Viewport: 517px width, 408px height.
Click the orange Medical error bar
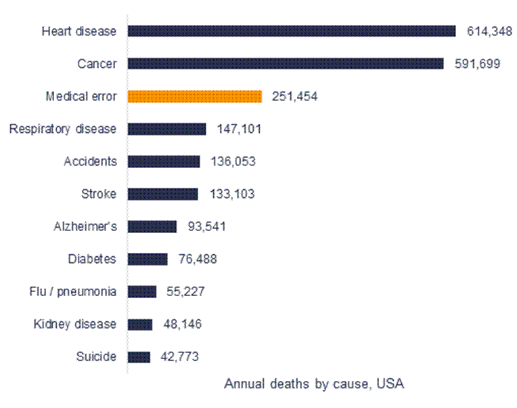tap(195, 96)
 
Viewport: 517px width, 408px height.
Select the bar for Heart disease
tap(292, 31)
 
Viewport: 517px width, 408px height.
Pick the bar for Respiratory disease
tap(167, 129)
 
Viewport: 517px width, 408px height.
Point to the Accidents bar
tap(164, 161)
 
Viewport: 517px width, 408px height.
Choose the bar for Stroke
tap(163, 194)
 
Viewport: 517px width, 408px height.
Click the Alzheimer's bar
tap(152, 226)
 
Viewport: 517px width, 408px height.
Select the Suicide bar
tap(139, 356)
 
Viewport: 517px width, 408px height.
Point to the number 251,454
tap(294, 96)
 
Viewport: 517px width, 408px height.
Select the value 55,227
tap(185, 291)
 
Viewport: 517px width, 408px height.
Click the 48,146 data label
tap(182, 324)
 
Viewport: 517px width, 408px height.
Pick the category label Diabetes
tap(92, 259)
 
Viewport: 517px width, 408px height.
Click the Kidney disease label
tap(74, 324)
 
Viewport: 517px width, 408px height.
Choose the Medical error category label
tap(81, 96)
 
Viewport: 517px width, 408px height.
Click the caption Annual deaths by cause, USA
tap(314, 384)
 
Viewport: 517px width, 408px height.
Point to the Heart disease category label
tap(78, 31)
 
